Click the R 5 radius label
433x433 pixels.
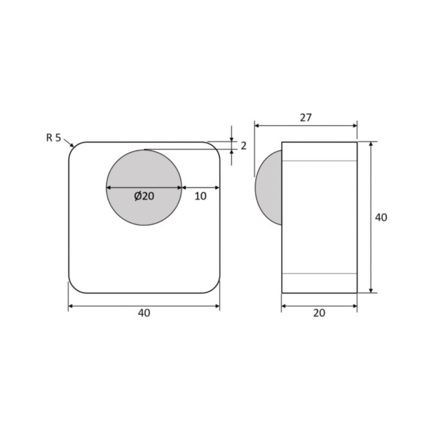[x=54, y=137]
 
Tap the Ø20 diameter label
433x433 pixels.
[x=144, y=196]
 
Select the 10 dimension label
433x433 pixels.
[x=200, y=196]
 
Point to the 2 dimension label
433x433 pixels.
[x=243, y=146]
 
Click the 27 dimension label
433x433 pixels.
[x=306, y=117]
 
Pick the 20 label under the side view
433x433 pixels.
[x=319, y=313]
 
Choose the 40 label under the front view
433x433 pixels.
[x=144, y=313]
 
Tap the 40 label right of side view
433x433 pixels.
[x=381, y=218]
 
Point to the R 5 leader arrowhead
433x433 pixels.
[x=72, y=145]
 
